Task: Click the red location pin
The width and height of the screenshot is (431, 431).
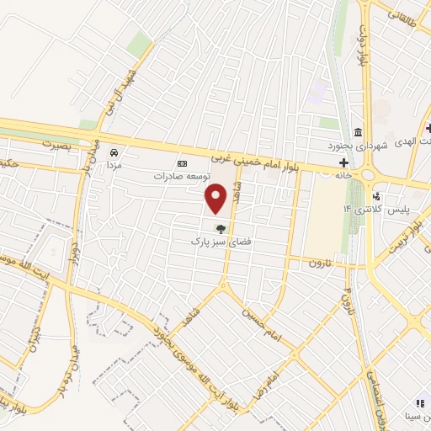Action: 216,199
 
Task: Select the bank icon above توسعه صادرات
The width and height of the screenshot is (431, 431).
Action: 179,163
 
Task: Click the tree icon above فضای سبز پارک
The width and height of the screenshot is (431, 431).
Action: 221,228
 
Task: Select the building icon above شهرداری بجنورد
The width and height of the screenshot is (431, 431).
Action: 359,132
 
